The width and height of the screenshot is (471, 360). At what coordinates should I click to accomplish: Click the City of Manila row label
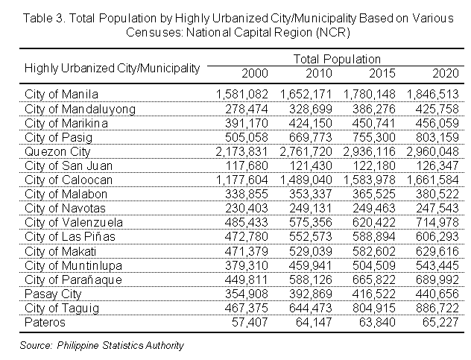click(x=61, y=95)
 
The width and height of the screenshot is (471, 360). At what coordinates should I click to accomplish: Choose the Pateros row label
click(x=45, y=322)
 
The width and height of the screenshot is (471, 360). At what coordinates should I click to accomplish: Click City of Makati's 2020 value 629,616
click(x=440, y=251)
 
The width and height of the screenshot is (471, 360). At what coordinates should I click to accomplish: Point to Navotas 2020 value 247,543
click(x=440, y=208)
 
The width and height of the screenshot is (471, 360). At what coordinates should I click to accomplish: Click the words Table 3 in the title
click(x=39, y=16)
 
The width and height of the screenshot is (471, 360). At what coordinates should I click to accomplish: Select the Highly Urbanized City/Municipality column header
click(x=112, y=68)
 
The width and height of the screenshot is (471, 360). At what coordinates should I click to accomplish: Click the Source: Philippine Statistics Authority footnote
click(x=102, y=345)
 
